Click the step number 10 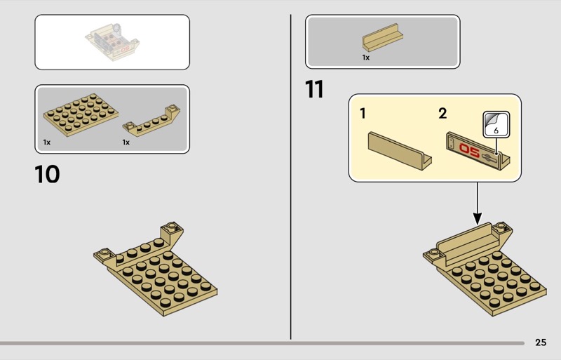coord(47,175)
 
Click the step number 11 coord(314,89)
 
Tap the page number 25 coord(541,342)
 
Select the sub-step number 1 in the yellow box coord(363,114)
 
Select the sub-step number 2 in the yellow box coord(442,114)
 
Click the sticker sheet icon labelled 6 coord(496,124)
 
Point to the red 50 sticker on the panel coord(469,149)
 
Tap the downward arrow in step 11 coord(478,204)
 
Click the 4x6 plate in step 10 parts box coord(81,114)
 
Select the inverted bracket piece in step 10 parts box coord(151,121)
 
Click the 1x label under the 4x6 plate coord(47,142)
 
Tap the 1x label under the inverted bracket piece coord(126,142)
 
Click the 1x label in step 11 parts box coord(365,58)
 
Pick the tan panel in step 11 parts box coord(382,38)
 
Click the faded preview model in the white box coord(112,42)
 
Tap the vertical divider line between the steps coord(290,177)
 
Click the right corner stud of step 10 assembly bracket coord(172,226)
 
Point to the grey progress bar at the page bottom coord(262,343)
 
